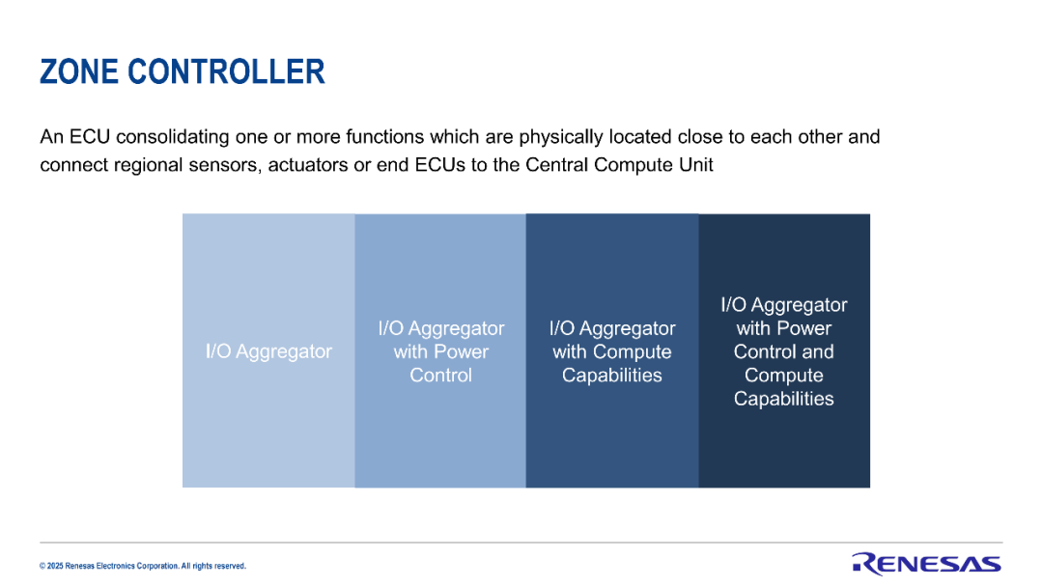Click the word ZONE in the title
click(79, 71)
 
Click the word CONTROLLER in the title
click(226, 71)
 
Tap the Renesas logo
click(926, 563)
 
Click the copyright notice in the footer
click(142, 567)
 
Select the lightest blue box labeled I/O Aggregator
click(268, 350)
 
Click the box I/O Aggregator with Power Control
click(440, 350)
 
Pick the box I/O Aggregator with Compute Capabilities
click(612, 350)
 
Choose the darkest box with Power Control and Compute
click(784, 350)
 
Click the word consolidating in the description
click(172, 137)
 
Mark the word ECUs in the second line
click(440, 165)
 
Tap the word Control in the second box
click(441, 375)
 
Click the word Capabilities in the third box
click(612, 376)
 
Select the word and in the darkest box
click(818, 351)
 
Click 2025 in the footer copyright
click(55, 567)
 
